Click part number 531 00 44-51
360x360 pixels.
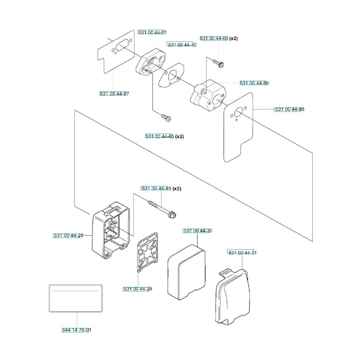point(152,32)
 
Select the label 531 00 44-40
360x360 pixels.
point(182,45)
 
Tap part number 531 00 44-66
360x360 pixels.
point(214,39)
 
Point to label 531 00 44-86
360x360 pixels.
point(254,83)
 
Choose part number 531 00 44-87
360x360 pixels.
point(114,94)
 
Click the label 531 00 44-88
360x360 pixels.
point(289,109)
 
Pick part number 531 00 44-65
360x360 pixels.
point(159,136)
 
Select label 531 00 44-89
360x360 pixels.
point(156,189)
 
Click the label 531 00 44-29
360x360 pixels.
point(138,289)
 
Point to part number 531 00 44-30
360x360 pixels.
point(198,231)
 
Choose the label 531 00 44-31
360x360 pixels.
point(242,253)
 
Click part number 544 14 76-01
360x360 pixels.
point(77,330)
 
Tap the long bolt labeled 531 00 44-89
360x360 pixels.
point(162,208)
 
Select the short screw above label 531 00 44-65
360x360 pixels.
point(166,118)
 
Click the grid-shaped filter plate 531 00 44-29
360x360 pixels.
point(148,252)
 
